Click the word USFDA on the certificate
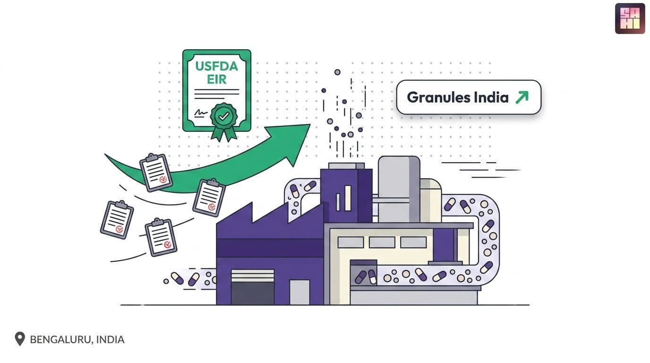coord(216,66)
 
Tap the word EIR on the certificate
coord(216,79)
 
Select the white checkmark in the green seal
coord(224,116)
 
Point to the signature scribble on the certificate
coord(200,112)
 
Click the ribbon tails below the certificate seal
coord(224,134)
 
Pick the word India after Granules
coord(491,97)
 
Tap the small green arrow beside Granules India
coord(522,97)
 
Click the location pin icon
coord(20,339)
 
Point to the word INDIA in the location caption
coord(110,339)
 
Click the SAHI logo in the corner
coord(630,18)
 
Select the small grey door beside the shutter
coord(299,292)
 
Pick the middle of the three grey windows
coord(382,242)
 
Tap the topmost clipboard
coord(156,173)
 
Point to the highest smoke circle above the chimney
coord(337,72)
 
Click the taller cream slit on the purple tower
coord(348,199)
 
